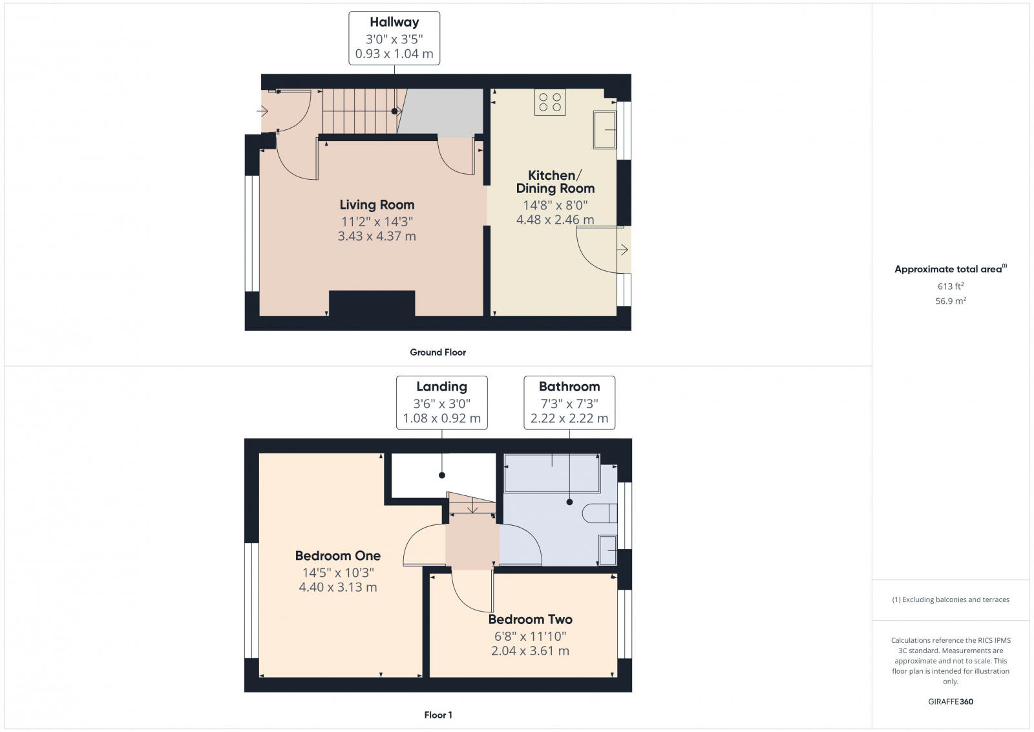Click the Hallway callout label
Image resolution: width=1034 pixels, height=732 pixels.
(394, 22)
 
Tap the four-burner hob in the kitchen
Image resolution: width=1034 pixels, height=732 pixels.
(550, 102)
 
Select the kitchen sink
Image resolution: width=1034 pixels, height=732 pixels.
(605, 129)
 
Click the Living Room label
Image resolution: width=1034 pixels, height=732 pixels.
(377, 205)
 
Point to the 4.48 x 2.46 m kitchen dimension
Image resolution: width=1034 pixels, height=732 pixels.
(554, 220)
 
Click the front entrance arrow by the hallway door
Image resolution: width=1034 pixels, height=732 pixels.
(262, 112)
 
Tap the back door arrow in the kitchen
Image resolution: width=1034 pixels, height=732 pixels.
(623, 250)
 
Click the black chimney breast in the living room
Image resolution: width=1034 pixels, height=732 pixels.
(372, 304)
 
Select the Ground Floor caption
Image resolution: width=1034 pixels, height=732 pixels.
(438, 352)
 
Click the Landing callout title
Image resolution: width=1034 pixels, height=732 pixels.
(441, 387)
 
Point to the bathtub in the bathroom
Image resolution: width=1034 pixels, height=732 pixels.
(552, 473)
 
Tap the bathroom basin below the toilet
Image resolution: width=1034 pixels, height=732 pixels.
(607, 550)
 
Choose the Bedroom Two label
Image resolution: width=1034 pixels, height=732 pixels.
(530, 619)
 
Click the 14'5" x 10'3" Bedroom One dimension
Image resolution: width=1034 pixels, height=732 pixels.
(338, 572)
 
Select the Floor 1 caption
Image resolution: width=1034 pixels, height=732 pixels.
(438, 715)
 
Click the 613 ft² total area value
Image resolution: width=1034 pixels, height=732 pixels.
(950, 286)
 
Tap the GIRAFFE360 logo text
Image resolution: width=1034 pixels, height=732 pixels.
(950, 702)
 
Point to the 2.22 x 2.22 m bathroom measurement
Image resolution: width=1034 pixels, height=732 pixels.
(569, 418)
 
